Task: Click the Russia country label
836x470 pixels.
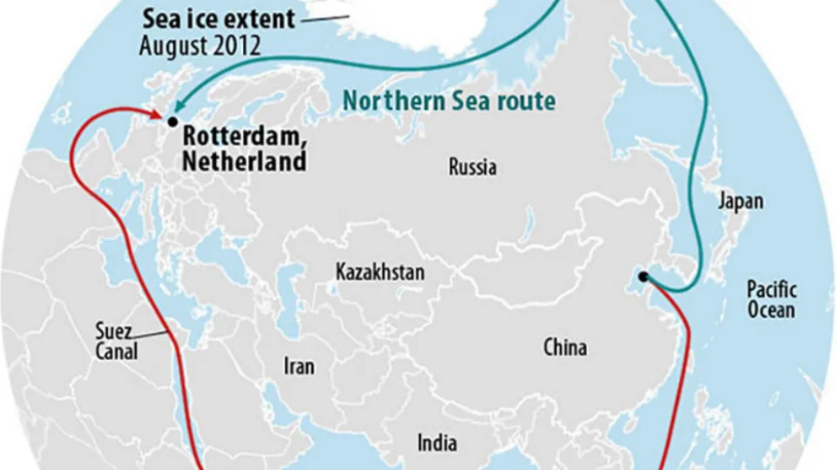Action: click(473, 167)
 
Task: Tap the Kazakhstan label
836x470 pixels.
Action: click(381, 272)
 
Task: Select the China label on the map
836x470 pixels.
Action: click(565, 348)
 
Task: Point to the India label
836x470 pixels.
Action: click(437, 443)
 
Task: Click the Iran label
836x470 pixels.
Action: click(299, 366)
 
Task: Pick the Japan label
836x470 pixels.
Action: click(740, 201)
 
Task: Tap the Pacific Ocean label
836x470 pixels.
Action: click(772, 299)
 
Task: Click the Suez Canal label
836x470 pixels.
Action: click(117, 342)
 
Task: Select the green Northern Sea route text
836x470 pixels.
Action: click(448, 101)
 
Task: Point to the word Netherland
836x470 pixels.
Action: click(244, 161)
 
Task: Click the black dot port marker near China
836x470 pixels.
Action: click(643, 277)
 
